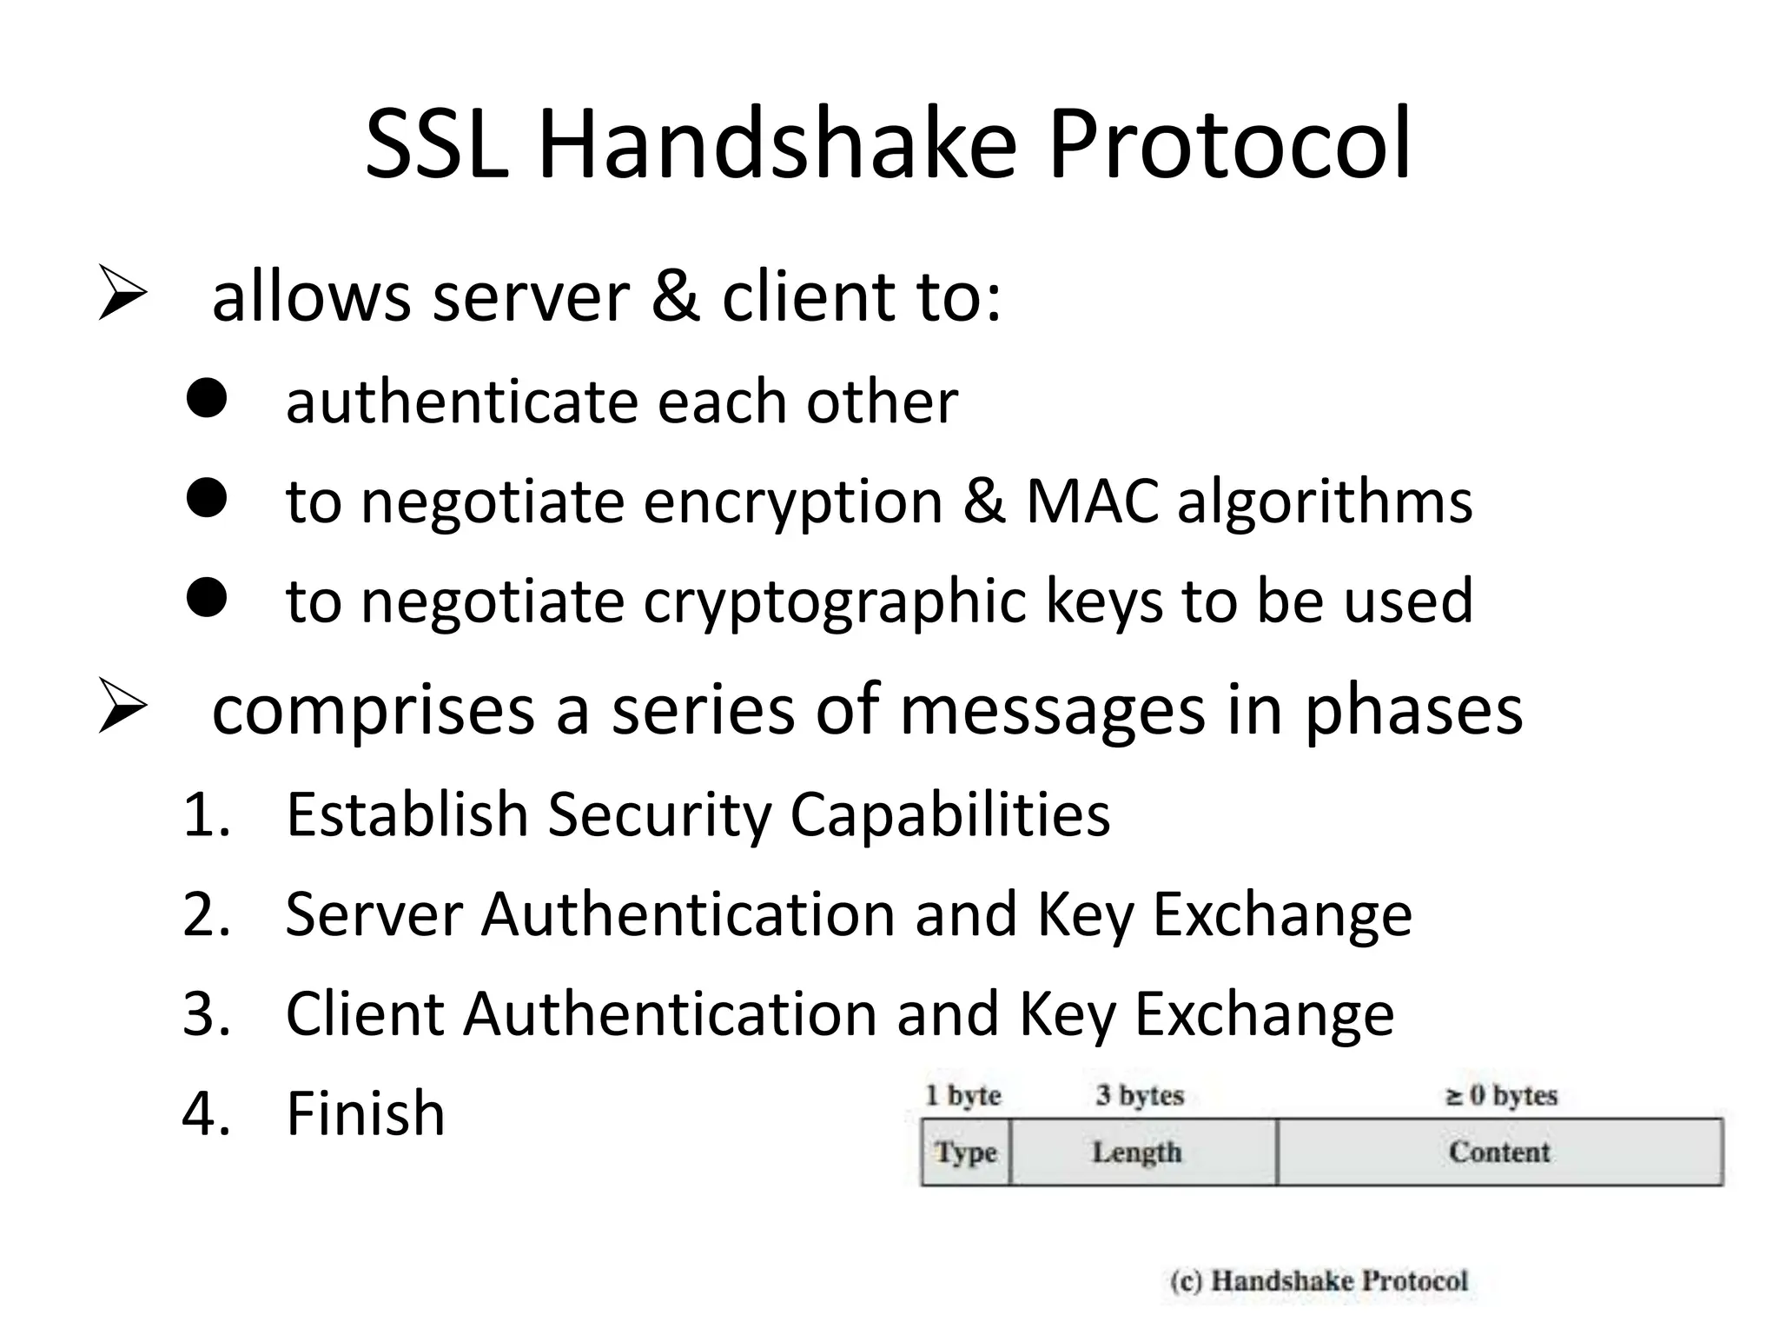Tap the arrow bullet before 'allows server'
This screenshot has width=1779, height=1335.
122,293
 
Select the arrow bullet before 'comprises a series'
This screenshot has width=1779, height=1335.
122,706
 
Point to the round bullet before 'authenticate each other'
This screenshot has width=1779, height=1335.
207,400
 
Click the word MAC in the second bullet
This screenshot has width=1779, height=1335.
1092,501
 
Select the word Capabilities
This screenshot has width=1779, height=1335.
949,814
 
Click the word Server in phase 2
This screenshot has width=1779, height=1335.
374,914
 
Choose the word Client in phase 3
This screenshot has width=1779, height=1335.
364,1014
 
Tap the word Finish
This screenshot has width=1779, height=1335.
365,1113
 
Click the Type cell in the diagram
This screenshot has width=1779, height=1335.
966,1152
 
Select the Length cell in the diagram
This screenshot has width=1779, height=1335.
1137,1152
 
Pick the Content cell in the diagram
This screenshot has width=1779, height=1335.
1499,1152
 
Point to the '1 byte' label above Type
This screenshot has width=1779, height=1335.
963,1095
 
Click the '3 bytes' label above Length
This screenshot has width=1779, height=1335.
1140,1095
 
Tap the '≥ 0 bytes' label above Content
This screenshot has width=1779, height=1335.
1501,1095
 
